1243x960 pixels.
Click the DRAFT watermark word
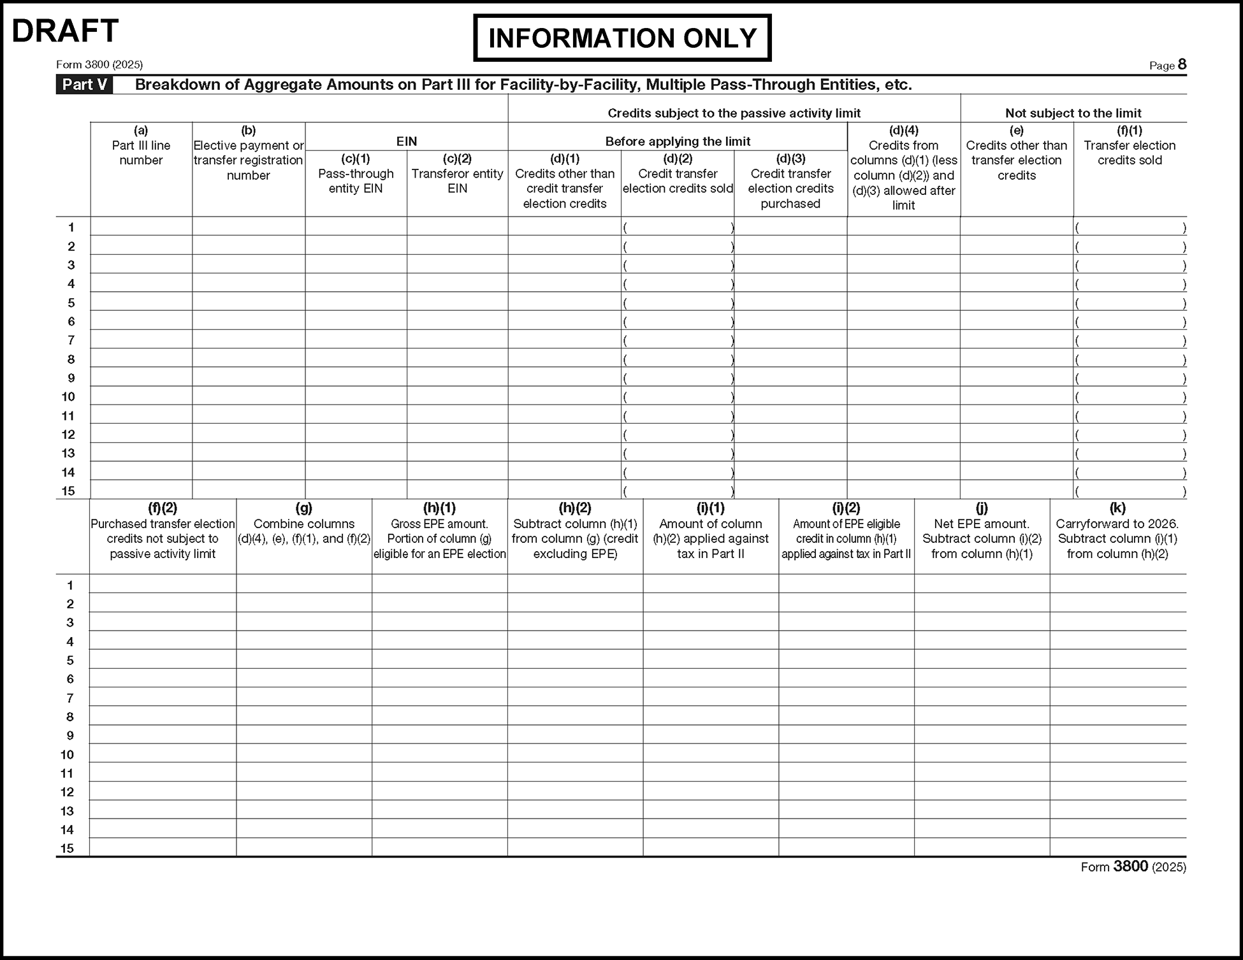65,31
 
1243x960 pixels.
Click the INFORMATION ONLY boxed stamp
622,38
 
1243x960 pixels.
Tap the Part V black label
84,85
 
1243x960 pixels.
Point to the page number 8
1182,64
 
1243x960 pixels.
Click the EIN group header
407,141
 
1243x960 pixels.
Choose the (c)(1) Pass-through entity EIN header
356,173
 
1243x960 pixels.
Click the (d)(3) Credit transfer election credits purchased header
790,181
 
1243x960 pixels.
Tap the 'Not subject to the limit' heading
1073,113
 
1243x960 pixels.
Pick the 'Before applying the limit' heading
678,141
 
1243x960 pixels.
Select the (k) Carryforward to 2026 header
1117,531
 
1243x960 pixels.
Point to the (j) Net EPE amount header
982,531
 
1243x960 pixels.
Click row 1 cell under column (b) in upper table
249,227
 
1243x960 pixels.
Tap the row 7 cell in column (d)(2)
678,340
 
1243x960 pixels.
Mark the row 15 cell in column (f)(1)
1130,491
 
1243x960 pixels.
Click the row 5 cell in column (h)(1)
440,659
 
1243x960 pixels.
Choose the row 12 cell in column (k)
1118,791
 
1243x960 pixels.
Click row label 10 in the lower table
68,754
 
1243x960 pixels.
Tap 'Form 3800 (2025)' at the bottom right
1133,867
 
